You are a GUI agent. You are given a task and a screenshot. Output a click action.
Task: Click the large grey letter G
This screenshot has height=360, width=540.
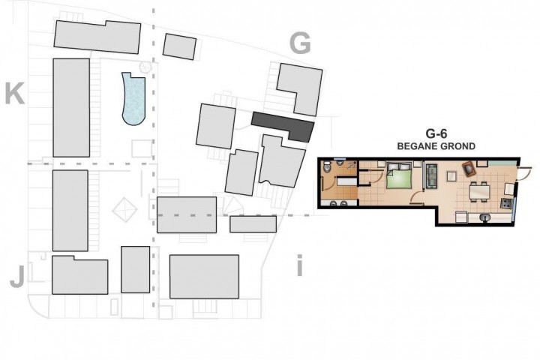[300, 43]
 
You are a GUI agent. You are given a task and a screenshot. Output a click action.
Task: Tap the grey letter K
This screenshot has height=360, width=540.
[15, 93]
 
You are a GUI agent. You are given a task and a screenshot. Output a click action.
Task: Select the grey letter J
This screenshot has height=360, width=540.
[17, 277]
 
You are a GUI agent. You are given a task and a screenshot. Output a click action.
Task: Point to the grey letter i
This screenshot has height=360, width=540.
[299, 265]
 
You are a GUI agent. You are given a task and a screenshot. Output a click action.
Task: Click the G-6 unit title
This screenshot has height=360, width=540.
[436, 133]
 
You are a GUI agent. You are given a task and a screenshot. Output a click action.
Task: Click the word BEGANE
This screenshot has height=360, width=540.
[415, 146]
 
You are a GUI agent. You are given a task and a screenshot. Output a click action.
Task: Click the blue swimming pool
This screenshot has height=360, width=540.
[134, 98]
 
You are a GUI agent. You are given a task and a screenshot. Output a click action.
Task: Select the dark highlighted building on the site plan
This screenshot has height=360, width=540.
[283, 126]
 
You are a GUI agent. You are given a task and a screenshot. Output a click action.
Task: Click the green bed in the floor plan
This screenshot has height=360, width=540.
[399, 175]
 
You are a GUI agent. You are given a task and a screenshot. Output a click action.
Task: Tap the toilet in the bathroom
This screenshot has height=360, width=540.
[328, 168]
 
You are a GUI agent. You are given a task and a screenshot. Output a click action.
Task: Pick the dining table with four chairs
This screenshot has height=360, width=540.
[479, 191]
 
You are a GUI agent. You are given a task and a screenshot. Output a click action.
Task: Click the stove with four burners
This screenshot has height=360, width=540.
[505, 203]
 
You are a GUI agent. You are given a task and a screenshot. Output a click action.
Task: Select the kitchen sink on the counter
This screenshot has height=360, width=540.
[484, 217]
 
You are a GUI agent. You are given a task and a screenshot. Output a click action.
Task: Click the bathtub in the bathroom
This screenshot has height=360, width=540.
[347, 181]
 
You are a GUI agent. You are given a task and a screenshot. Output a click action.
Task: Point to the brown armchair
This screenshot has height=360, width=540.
[469, 169]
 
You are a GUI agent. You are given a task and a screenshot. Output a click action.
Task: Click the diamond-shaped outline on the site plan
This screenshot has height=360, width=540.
[124, 210]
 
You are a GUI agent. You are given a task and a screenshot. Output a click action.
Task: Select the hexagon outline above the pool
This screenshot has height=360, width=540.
[145, 67]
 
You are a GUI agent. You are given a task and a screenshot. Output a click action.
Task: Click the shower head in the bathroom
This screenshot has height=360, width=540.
[351, 165]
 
